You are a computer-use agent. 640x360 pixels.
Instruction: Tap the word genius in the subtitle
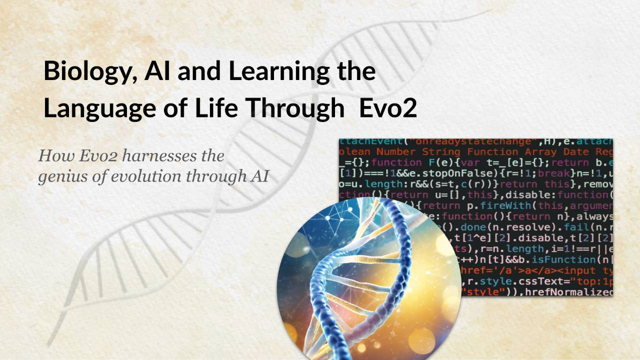pyautogui.click(x=60, y=176)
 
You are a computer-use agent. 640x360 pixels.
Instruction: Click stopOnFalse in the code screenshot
pyautogui.click(x=442, y=173)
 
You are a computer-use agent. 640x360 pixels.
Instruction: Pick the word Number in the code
pyautogui.click(x=396, y=151)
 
